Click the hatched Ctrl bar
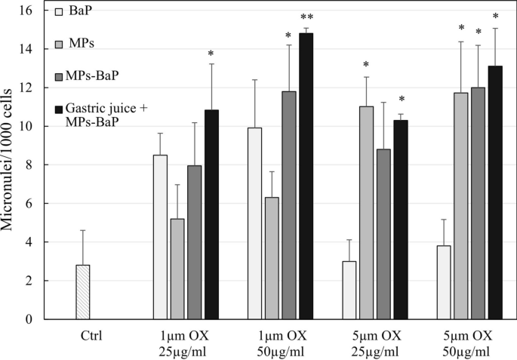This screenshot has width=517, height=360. point(83,292)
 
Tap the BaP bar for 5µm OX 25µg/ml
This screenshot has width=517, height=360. point(349,290)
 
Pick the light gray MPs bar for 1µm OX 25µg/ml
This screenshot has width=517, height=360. point(177,269)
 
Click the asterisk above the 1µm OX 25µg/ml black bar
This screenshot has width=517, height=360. point(211,54)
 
